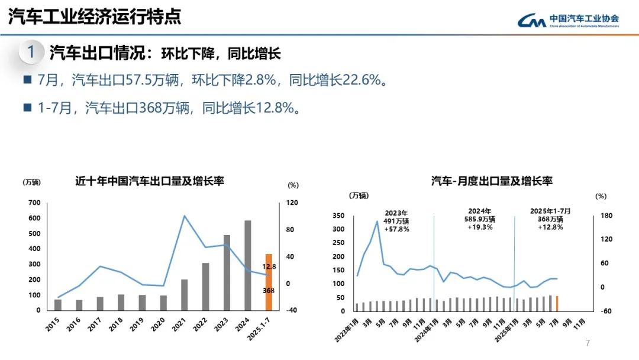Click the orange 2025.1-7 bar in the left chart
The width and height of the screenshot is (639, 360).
[269, 282]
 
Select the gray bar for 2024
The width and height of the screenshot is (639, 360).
[247, 265]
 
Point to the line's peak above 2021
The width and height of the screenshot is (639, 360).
[185, 216]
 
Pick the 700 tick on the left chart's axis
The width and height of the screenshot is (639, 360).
[34, 203]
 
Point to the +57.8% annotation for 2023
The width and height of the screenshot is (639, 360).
[396, 229]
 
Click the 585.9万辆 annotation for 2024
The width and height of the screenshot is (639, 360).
[480, 219]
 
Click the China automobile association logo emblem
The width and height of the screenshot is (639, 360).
[531, 21]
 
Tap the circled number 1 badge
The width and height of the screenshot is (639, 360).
[31, 52]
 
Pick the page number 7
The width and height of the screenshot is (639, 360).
[588, 343]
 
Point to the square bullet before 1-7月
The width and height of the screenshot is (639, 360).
[27, 107]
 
